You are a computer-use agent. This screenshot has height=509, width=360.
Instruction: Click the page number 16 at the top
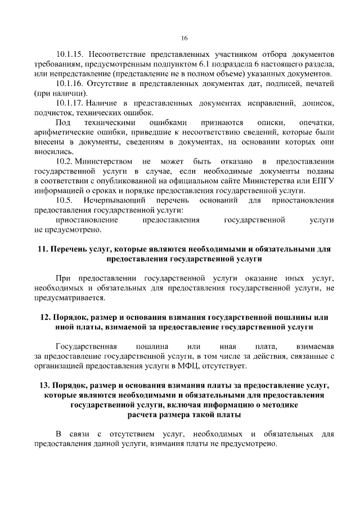tap(184, 38)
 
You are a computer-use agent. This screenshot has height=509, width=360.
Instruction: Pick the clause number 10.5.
tap(65, 201)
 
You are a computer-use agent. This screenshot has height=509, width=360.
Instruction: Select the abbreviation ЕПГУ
tap(324, 181)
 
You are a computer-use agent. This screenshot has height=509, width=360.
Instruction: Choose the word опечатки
tap(317, 123)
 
